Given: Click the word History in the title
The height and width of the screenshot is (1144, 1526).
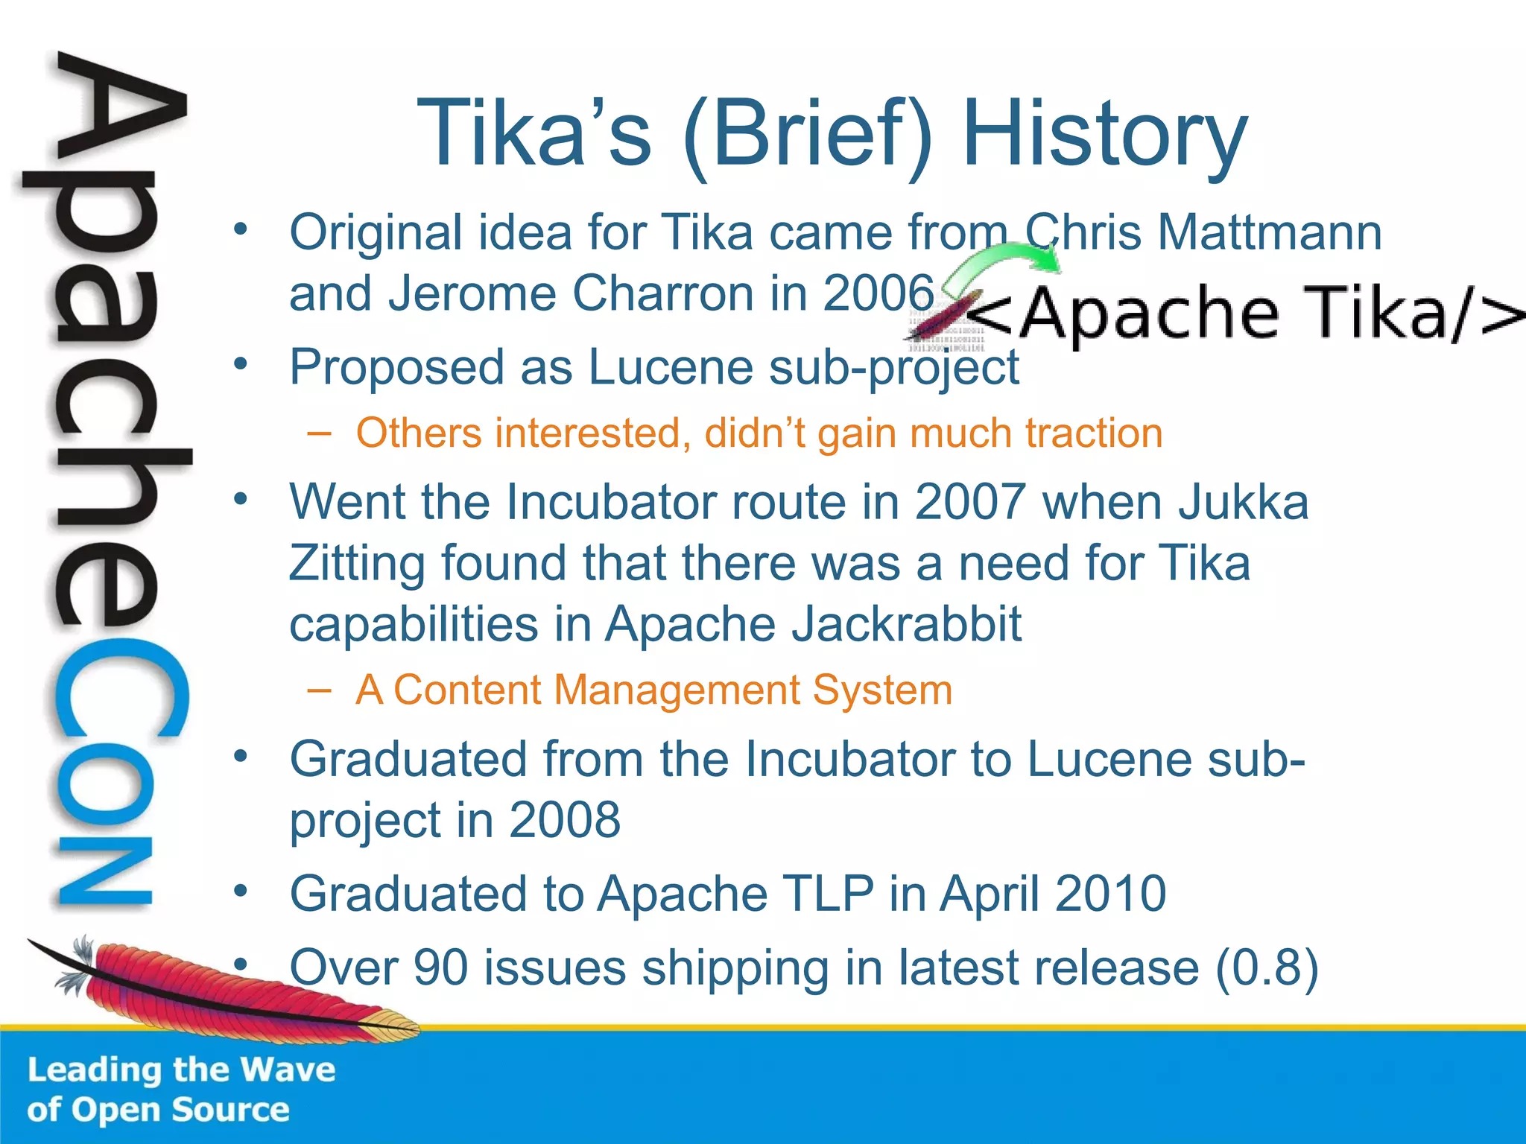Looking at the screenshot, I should (x=1104, y=134).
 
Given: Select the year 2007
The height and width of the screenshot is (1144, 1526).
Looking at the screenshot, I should (x=969, y=502).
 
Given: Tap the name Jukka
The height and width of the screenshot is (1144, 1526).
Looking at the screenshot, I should (x=1244, y=502).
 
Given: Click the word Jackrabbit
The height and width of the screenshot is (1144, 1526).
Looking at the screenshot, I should (x=906, y=624).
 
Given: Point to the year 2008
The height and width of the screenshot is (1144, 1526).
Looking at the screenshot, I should (x=564, y=820).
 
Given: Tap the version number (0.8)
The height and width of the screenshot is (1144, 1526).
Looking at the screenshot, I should (x=1267, y=968).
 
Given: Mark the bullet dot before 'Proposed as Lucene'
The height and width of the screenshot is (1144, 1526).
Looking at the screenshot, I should (x=240, y=364).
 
